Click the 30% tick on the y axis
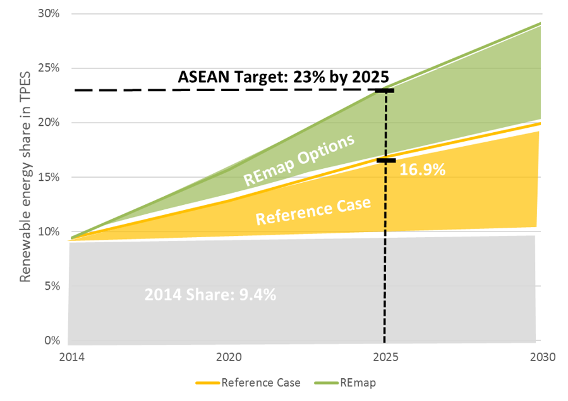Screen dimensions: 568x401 point(49,13)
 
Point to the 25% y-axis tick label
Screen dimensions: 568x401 point(49,68)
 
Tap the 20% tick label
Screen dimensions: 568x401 point(49,123)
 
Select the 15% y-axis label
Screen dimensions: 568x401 point(49,177)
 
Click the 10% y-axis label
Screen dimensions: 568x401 point(49,231)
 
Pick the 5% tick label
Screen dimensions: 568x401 point(52,286)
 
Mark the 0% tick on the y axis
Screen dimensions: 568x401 point(52,340)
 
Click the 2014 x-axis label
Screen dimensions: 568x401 point(72,357)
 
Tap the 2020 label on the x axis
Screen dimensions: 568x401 point(229,357)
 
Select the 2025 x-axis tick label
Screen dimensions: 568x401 point(386,357)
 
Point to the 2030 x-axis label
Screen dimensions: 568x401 point(543,357)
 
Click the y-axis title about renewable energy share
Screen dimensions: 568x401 point(25,177)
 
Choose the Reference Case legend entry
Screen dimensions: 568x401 point(248,383)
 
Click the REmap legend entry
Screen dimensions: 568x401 point(345,383)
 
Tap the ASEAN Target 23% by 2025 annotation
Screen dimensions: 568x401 point(283,77)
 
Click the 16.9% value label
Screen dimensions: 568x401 point(423,170)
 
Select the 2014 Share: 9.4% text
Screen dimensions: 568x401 point(210,294)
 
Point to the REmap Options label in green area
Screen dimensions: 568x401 point(299,160)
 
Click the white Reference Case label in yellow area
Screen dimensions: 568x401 point(313,211)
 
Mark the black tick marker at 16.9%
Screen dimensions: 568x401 point(386,160)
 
